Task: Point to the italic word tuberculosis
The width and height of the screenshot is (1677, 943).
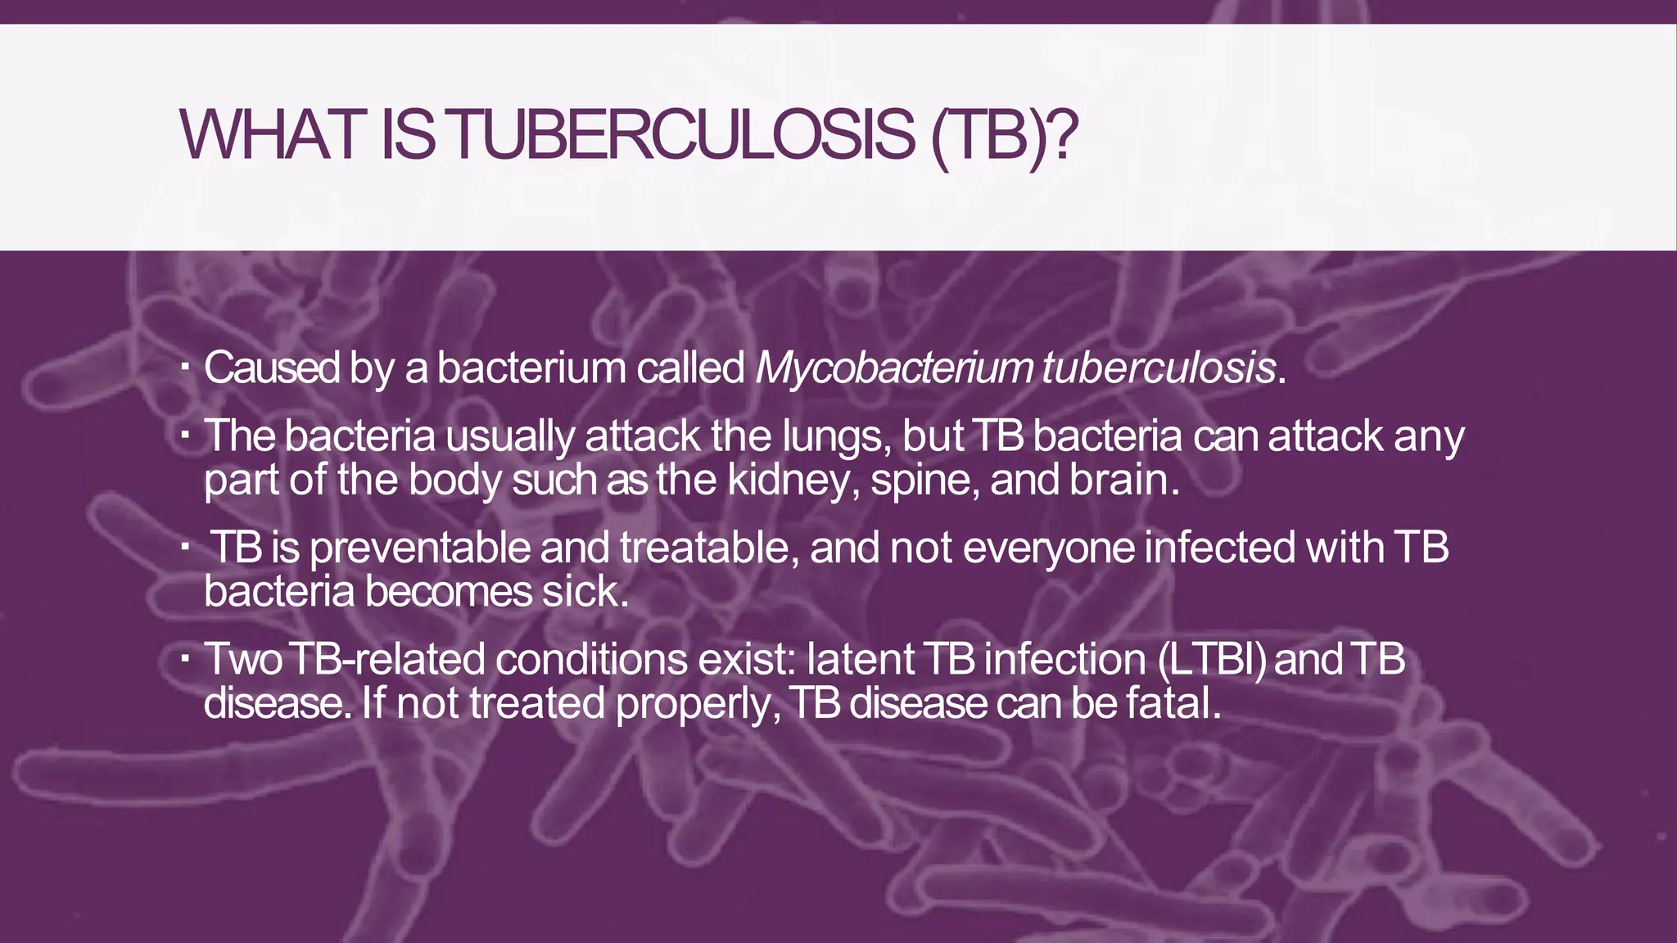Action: pyautogui.click(x=1159, y=368)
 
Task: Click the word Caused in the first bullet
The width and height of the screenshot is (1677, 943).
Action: pyautogui.click(x=272, y=368)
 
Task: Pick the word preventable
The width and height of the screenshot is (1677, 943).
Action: pyautogui.click(x=420, y=548)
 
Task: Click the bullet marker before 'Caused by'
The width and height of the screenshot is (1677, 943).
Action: pyautogui.click(x=186, y=365)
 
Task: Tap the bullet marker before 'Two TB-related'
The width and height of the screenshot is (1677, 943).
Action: pyautogui.click(x=186, y=656)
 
